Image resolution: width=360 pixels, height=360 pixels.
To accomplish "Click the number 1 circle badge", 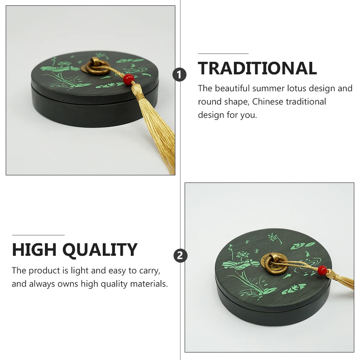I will tap(180, 75).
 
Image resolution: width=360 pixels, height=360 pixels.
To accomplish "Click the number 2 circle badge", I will tap(180, 256).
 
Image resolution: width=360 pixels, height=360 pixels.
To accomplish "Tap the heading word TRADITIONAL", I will tap(257, 68).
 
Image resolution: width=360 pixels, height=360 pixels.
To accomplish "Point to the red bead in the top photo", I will tap(128, 78).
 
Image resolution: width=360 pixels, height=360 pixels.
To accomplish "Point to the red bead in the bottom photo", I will tap(322, 269).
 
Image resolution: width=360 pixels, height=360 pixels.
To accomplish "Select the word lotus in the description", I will tap(297, 88).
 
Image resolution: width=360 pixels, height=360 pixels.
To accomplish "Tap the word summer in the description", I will tap(268, 88).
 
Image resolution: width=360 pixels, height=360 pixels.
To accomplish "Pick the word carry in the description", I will tap(149, 271).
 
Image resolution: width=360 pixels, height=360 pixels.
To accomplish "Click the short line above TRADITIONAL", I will tap(223, 54).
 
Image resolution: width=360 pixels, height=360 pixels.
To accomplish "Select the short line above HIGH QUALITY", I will tap(38, 235).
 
